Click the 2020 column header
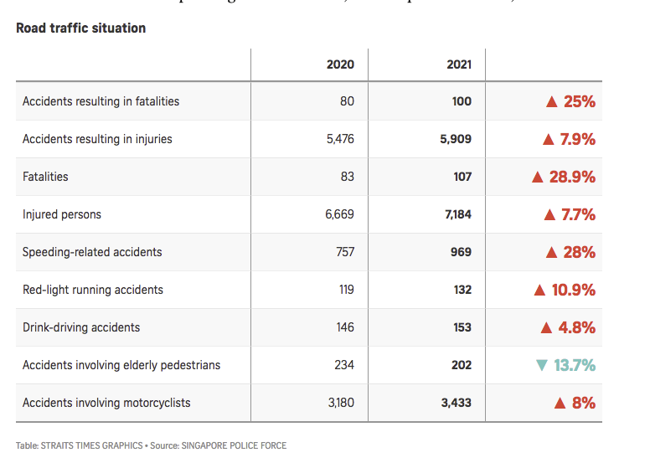click(x=340, y=64)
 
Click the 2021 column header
click(x=458, y=64)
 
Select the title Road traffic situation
click(x=81, y=28)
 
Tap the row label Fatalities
click(x=45, y=177)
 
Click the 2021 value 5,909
click(x=456, y=139)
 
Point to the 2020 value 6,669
click(x=339, y=214)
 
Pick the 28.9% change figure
click(x=572, y=177)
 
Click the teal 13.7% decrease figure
click(x=574, y=365)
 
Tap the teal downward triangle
click(x=540, y=365)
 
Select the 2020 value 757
click(x=344, y=252)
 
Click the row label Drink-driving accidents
click(x=81, y=327)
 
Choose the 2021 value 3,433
click(x=456, y=403)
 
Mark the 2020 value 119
click(x=345, y=290)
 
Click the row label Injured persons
click(x=62, y=214)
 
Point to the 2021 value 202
click(x=461, y=365)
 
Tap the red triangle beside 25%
click(x=551, y=102)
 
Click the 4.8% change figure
click(x=577, y=327)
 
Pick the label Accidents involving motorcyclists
click(x=106, y=403)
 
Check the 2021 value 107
click(x=462, y=177)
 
